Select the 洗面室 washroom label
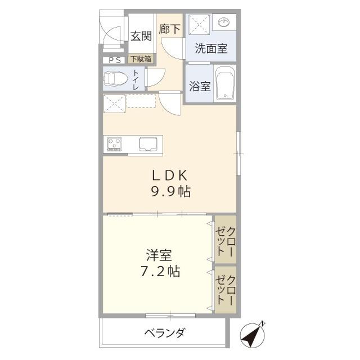211,48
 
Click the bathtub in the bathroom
226,85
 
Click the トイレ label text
136,79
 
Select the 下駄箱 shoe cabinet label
141,58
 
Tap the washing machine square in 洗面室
199,25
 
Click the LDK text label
169,175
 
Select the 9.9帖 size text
169,192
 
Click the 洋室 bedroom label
156,255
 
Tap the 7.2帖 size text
159,272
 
